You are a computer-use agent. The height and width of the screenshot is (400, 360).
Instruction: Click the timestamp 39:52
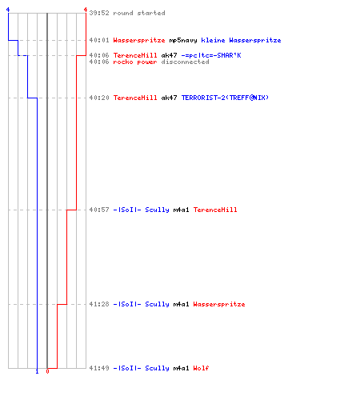(x=99, y=13)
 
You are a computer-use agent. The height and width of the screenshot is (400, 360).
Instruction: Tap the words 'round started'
(x=139, y=13)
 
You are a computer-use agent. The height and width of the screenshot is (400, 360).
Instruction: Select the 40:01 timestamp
(x=99, y=40)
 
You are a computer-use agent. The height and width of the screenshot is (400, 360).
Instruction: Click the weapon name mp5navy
(x=183, y=40)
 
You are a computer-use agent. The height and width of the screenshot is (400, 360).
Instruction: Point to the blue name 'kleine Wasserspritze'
(x=241, y=40)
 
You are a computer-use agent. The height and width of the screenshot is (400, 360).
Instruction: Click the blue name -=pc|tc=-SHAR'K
(x=211, y=55)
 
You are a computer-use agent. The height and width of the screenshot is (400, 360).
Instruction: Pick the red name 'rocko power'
(x=135, y=62)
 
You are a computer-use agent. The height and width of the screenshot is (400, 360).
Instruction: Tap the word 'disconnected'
(x=185, y=62)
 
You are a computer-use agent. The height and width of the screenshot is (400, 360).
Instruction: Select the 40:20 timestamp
(x=99, y=98)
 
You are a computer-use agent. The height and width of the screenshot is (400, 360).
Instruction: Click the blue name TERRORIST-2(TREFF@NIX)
(x=225, y=98)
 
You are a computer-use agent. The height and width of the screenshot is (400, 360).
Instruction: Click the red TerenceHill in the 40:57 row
(x=215, y=210)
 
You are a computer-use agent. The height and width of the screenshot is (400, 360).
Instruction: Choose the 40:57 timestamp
(x=99, y=210)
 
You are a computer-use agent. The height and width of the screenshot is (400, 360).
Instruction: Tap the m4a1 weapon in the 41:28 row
(x=181, y=304)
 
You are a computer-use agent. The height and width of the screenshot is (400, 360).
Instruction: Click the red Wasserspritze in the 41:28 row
(x=219, y=304)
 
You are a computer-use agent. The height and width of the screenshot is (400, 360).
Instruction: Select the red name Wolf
(x=201, y=368)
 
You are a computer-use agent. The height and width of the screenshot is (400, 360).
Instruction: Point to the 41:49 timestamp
(x=99, y=368)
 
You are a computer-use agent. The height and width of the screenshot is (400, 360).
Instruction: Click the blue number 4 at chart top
(x=8, y=10)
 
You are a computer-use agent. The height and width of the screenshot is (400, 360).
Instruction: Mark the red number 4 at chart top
(x=86, y=10)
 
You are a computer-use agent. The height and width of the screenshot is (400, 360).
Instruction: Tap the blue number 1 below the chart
(x=37, y=371)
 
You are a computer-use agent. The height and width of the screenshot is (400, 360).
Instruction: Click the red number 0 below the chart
(x=47, y=371)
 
